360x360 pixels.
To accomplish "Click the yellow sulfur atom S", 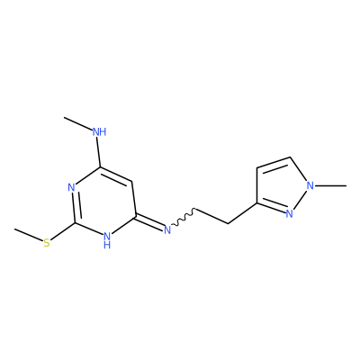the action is (47, 243).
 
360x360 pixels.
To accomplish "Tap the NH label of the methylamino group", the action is (99, 132).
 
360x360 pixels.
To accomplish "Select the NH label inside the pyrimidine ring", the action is (107, 239).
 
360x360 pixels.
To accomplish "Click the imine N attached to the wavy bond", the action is (167, 229).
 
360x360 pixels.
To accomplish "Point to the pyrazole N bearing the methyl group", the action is (310, 185).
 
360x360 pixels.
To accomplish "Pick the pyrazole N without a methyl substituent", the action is (289, 213).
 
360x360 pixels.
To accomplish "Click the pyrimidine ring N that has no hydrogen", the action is (71, 187).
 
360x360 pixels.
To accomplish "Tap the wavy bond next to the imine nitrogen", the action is (184, 217).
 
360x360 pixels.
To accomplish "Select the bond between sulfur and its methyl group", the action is (29, 235).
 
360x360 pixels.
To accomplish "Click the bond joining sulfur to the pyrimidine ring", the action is (62, 231).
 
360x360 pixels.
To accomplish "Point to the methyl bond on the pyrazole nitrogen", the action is (330, 186).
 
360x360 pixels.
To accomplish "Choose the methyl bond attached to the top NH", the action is (78, 124).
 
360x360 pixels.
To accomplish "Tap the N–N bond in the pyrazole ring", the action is (300, 200).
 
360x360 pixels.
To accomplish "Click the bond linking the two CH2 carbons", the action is (211, 216).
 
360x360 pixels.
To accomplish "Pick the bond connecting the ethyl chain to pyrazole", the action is (242, 213).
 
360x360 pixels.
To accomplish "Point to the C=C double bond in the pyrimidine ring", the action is (116, 175).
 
